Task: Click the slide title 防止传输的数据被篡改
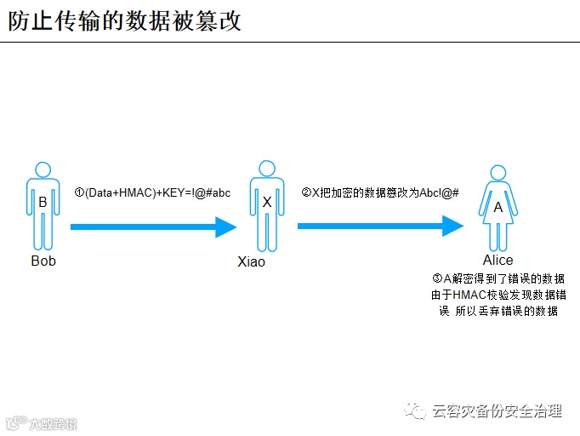click(x=125, y=20)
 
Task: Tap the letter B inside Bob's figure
click(x=43, y=202)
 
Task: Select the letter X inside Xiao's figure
click(x=266, y=202)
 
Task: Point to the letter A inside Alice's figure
click(x=498, y=207)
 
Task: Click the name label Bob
click(x=43, y=261)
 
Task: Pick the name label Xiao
click(x=252, y=261)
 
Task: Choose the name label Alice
click(x=498, y=260)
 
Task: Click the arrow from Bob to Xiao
click(x=153, y=227)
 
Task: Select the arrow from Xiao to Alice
click(x=379, y=227)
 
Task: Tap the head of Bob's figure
click(x=43, y=169)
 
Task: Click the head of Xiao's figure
click(x=266, y=169)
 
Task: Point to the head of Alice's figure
click(x=498, y=172)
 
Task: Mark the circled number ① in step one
click(x=80, y=193)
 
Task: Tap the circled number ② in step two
click(x=307, y=193)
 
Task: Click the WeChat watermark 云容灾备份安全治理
click(x=497, y=411)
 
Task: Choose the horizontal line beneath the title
click(x=289, y=43)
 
